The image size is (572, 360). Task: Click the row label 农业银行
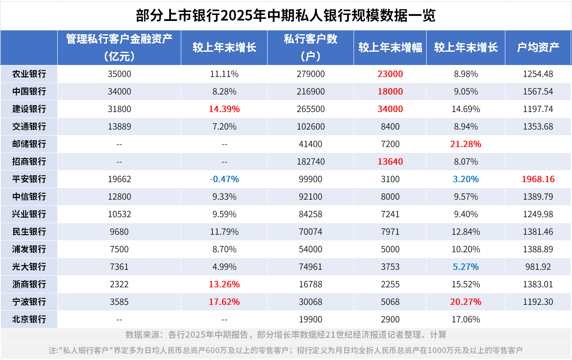coord(29,74)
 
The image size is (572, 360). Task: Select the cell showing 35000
coord(119,74)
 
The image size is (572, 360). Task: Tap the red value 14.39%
coord(224,109)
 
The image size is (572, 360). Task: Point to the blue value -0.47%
coord(224,179)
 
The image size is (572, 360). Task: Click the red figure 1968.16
coord(538,179)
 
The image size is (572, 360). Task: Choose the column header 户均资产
coord(538,47)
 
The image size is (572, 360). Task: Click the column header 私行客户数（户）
coord(310,47)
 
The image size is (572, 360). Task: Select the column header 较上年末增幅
coord(390,47)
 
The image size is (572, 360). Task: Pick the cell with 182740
coord(310,162)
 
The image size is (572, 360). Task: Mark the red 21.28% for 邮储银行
coord(466,144)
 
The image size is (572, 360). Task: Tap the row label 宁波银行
coord(29,302)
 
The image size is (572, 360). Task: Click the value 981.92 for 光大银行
coord(538,267)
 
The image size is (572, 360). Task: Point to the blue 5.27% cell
coord(466,267)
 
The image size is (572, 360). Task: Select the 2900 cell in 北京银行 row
coord(390,319)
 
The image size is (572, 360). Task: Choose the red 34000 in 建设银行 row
coord(390,109)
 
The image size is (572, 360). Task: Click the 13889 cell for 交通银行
coord(119,127)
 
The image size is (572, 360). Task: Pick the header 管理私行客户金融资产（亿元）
coord(119,47)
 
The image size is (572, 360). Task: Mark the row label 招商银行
coord(29,162)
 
